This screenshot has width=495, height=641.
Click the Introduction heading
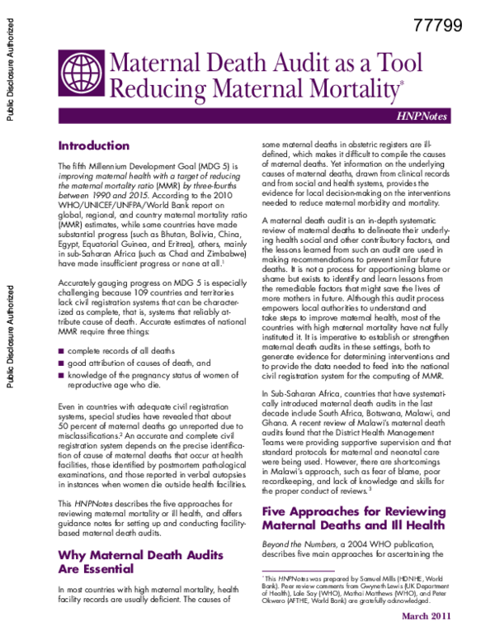click(93, 145)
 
